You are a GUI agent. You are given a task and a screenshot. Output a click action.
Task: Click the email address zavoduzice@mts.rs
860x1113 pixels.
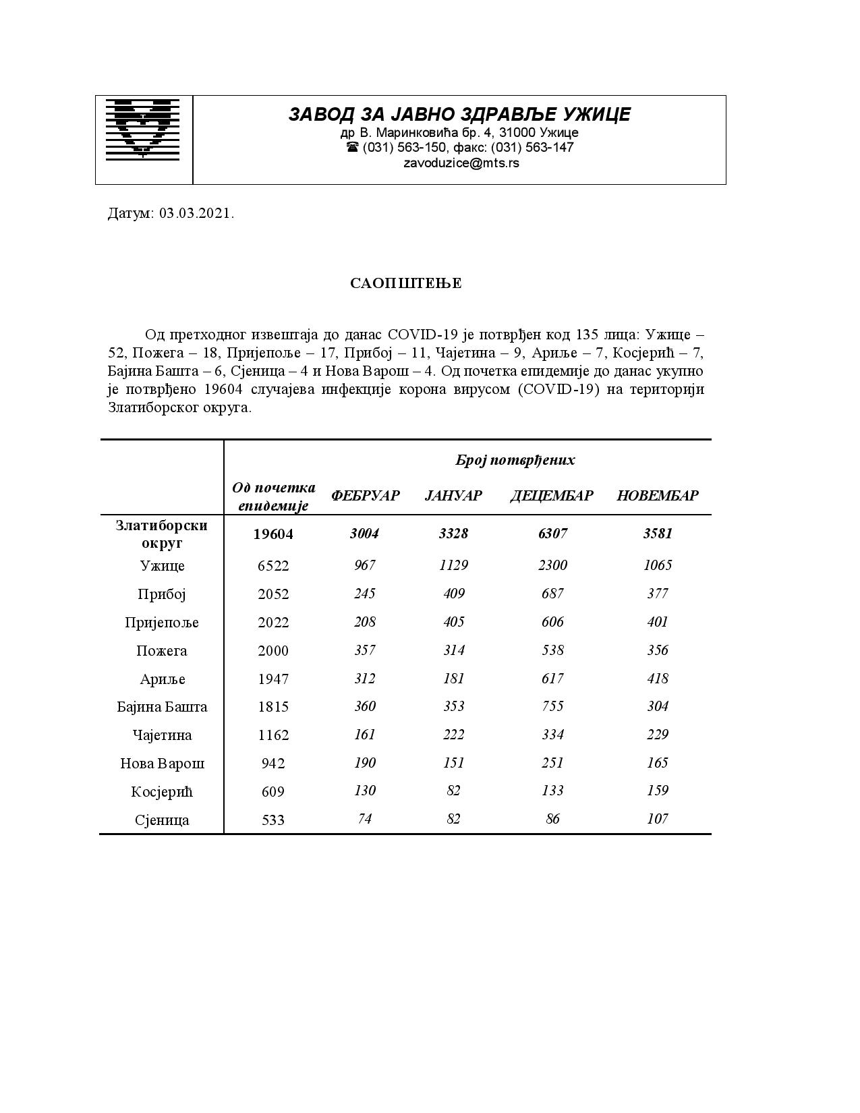pyautogui.click(x=461, y=163)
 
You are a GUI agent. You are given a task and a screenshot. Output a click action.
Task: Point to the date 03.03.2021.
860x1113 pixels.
pyautogui.click(x=197, y=214)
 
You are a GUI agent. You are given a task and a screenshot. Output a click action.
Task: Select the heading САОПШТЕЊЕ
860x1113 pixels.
pyautogui.click(x=406, y=283)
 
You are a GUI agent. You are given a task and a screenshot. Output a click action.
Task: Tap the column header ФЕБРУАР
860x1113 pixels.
pyautogui.click(x=365, y=496)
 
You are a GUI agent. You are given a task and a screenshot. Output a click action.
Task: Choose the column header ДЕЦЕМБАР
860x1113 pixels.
pyautogui.click(x=552, y=496)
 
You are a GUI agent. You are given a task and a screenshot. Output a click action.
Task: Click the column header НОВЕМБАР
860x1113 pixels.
pyautogui.click(x=658, y=496)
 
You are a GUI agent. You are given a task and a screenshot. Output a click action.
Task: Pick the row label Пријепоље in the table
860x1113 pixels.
pyautogui.click(x=162, y=623)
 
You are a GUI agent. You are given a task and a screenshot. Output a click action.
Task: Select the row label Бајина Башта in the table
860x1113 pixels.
pyautogui.click(x=162, y=707)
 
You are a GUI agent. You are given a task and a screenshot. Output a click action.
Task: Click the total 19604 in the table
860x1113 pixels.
pyautogui.click(x=273, y=534)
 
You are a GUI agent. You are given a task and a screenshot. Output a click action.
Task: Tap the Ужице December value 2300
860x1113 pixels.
pyautogui.click(x=552, y=565)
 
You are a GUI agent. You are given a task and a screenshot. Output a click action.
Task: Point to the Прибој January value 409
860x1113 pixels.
pyautogui.click(x=453, y=594)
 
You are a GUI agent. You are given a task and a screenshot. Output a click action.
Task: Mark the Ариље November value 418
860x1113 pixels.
pyautogui.click(x=658, y=679)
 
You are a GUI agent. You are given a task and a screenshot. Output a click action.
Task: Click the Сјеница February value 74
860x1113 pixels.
pyautogui.click(x=364, y=819)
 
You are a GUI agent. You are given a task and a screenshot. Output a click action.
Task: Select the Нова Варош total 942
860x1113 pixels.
pyautogui.click(x=273, y=764)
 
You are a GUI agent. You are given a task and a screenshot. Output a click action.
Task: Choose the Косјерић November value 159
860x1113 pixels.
pyautogui.click(x=658, y=791)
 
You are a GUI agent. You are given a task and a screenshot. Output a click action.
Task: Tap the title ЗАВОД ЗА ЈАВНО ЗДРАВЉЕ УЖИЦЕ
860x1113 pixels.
pyautogui.click(x=459, y=115)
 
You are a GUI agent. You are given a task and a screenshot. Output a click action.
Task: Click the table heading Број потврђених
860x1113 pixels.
pyautogui.click(x=515, y=460)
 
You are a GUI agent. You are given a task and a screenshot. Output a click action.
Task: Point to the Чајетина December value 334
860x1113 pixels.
pyautogui.click(x=552, y=735)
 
